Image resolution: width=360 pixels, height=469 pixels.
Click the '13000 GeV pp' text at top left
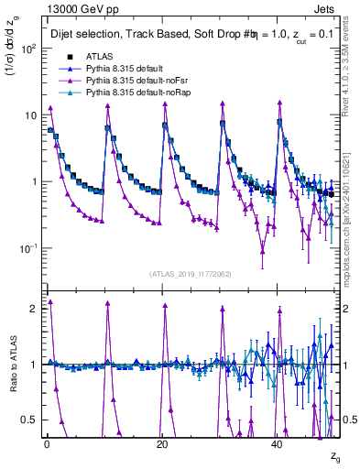pos(48,7)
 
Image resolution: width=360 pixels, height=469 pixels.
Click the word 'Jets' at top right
pos(327,7)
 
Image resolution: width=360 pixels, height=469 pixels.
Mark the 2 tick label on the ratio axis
pos(34,308)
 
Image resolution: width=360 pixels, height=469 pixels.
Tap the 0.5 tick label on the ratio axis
pos(29,420)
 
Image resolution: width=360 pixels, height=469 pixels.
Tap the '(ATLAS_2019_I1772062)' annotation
pos(189,274)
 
